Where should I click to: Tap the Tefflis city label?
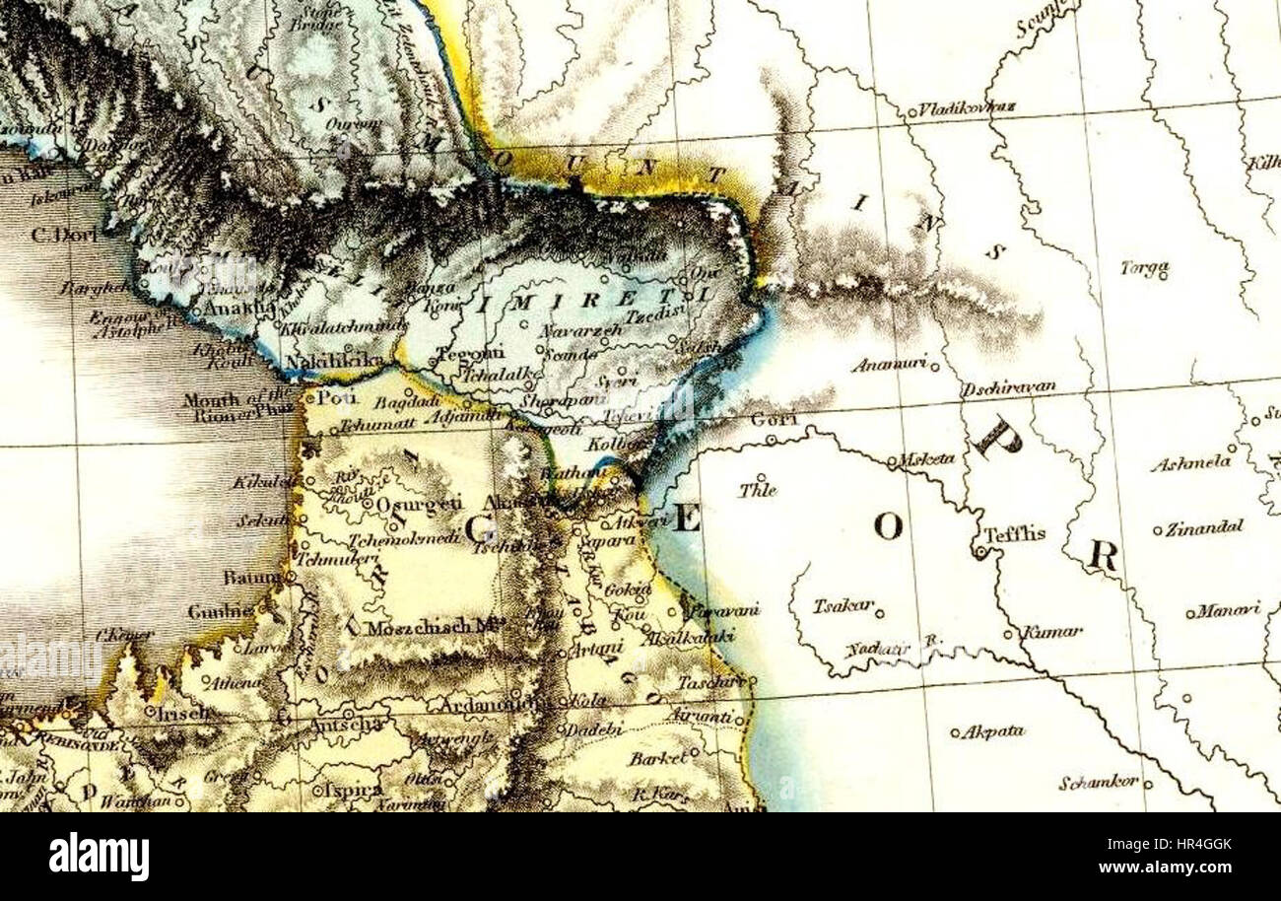(1014, 534)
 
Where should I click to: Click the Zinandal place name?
(1204, 527)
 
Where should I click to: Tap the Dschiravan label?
(1009, 387)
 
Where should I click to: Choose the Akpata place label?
(993, 731)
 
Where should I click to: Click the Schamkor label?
(1099, 783)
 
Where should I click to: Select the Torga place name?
(1144, 267)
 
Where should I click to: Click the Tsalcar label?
(843, 605)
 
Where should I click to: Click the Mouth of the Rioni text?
(237, 407)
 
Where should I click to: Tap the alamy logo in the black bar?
(99, 855)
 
